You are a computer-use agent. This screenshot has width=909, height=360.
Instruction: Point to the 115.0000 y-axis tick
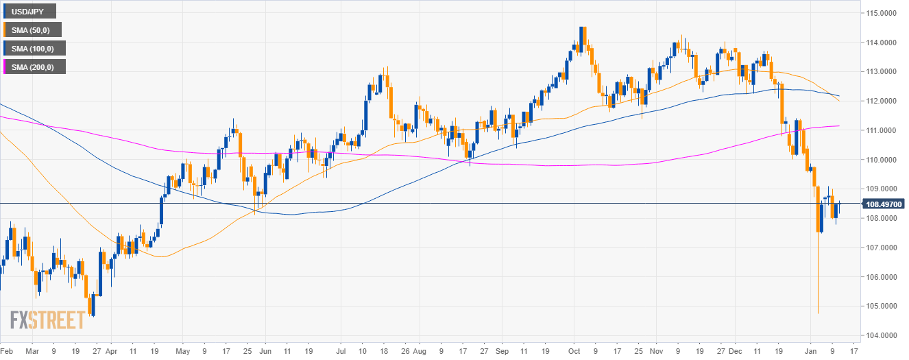[x=882, y=13]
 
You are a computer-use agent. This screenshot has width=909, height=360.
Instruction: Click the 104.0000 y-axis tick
[x=882, y=336]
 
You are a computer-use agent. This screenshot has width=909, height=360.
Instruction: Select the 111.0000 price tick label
[x=882, y=130]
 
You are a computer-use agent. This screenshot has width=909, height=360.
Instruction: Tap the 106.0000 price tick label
[x=882, y=277]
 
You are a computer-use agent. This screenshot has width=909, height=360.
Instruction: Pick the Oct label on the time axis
[x=575, y=351]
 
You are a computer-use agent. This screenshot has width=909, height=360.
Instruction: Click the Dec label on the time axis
[x=735, y=351]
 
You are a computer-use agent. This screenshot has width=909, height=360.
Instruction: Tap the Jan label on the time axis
[x=812, y=351]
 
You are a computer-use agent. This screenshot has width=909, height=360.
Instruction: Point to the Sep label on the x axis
[x=502, y=351]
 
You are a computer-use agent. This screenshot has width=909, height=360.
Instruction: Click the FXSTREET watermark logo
[x=47, y=320]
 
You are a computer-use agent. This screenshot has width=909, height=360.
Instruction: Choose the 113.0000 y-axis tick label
[x=882, y=71]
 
